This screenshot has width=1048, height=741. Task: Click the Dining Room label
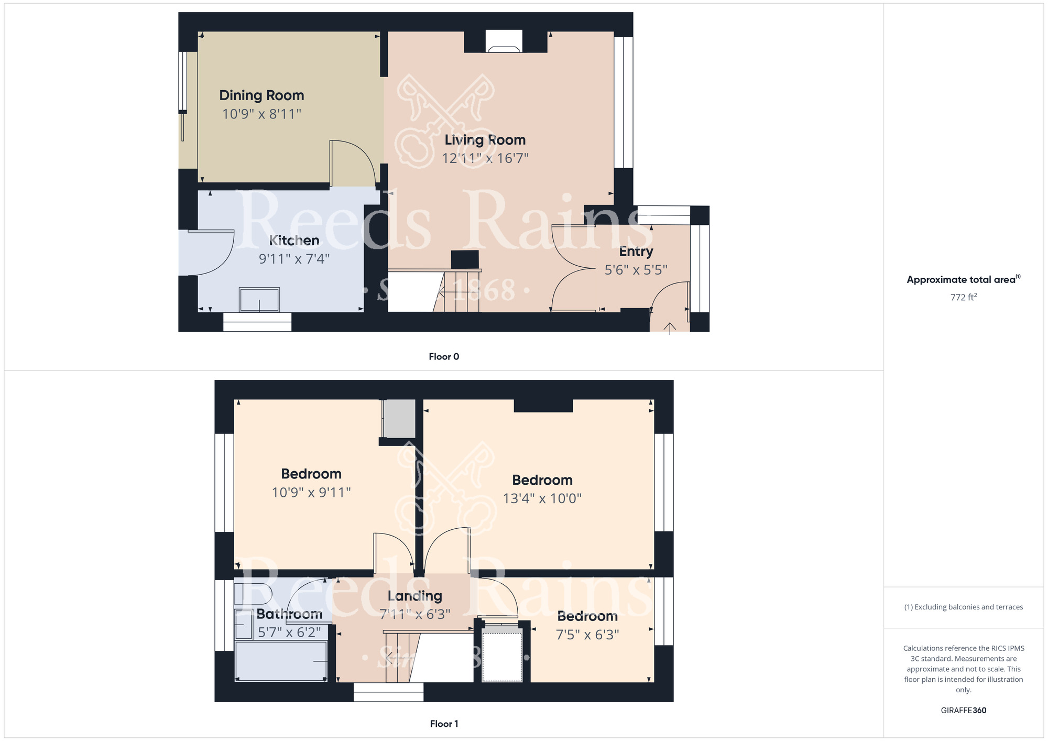(x=261, y=95)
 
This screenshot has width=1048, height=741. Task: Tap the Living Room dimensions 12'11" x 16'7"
(x=485, y=158)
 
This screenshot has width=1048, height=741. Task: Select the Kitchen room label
(x=294, y=241)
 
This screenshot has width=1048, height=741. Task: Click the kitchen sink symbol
(x=259, y=300)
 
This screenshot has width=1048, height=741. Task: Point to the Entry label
(x=636, y=252)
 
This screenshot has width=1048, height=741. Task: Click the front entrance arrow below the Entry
(x=670, y=329)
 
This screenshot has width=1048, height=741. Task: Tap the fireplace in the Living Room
(x=504, y=41)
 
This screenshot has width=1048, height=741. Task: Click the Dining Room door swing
(x=353, y=163)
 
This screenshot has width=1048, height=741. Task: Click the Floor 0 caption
(x=444, y=357)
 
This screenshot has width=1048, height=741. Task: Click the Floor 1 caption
(x=444, y=724)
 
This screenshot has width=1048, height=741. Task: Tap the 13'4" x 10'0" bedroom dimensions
(x=542, y=498)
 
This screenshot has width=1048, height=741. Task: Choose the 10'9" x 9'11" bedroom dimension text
(x=311, y=493)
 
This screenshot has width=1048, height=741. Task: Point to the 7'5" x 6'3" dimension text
(x=587, y=635)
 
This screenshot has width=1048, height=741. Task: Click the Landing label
(x=415, y=596)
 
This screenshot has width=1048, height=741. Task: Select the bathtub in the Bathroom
(x=281, y=661)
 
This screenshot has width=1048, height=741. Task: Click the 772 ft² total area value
(x=964, y=297)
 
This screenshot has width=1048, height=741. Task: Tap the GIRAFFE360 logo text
(x=964, y=711)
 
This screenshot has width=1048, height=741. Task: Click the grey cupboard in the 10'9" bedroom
(x=399, y=419)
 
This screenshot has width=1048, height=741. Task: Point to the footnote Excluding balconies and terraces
(x=964, y=607)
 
